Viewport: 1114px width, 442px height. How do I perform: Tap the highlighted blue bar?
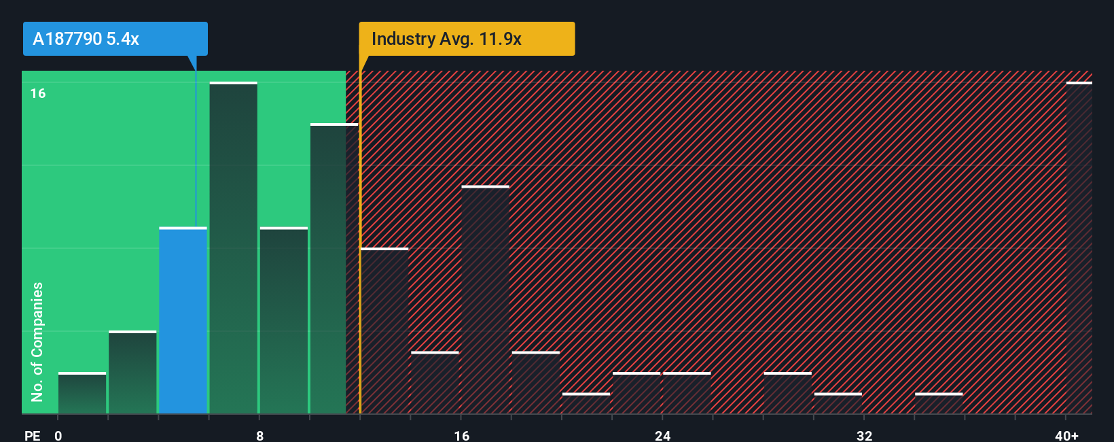[183, 320]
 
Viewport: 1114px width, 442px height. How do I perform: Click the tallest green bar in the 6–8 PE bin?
[233, 248]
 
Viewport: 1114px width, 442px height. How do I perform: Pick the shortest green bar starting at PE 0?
[82, 393]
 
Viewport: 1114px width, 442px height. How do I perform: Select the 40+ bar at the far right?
[1079, 248]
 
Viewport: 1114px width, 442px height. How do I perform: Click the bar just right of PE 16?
[485, 299]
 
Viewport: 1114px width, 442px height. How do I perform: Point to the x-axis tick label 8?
[259, 435]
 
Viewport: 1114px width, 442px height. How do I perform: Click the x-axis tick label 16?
[461, 435]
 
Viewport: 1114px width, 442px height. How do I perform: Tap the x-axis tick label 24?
[662, 435]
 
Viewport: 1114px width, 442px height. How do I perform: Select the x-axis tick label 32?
[864, 435]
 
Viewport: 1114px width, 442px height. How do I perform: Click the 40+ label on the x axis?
[1066, 435]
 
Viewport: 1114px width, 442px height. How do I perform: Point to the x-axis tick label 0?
[58, 435]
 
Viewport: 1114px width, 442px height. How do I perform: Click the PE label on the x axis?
[32, 435]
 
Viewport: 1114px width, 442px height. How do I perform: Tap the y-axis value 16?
[38, 93]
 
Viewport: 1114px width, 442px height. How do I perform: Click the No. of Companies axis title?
[37, 341]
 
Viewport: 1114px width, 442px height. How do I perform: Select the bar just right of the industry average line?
[384, 330]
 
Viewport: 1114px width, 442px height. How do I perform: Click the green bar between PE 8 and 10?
[283, 320]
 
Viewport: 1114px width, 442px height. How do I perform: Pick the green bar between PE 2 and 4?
[132, 372]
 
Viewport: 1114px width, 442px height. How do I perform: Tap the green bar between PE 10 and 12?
[334, 269]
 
